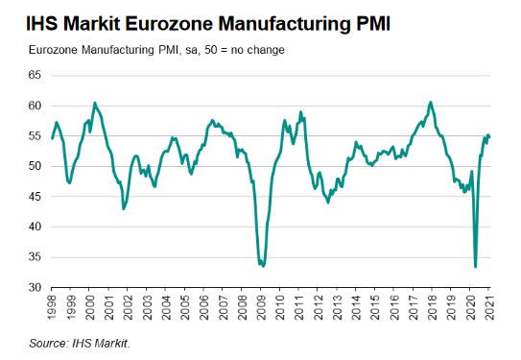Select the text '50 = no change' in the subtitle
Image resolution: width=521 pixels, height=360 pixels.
pyautogui.click(x=236, y=48)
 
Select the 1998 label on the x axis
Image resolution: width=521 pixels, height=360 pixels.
pyautogui.click(x=53, y=310)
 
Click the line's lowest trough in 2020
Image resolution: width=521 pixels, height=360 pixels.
pyautogui.click(x=476, y=267)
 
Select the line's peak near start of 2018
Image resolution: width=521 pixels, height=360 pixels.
pyautogui.click(x=431, y=102)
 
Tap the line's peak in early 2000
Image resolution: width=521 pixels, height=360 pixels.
pyautogui.click(x=94, y=103)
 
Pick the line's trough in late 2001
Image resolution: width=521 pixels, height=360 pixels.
pyautogui.click(x=124, y=208)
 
